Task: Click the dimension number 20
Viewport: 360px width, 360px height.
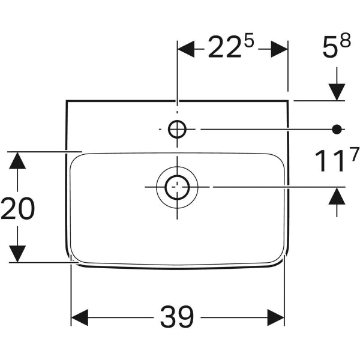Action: (18, 209)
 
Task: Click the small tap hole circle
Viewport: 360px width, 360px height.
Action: (177, 129)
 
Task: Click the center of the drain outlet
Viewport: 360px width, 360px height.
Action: (177, 187)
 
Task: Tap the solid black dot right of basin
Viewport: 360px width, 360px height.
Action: (337, 128)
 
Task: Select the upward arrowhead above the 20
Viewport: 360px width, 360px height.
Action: (18, 161)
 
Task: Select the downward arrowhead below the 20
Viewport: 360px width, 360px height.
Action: (18, 253)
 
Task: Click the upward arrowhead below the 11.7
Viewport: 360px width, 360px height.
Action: (337, 196)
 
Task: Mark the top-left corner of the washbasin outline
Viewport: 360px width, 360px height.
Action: (66, 101)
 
